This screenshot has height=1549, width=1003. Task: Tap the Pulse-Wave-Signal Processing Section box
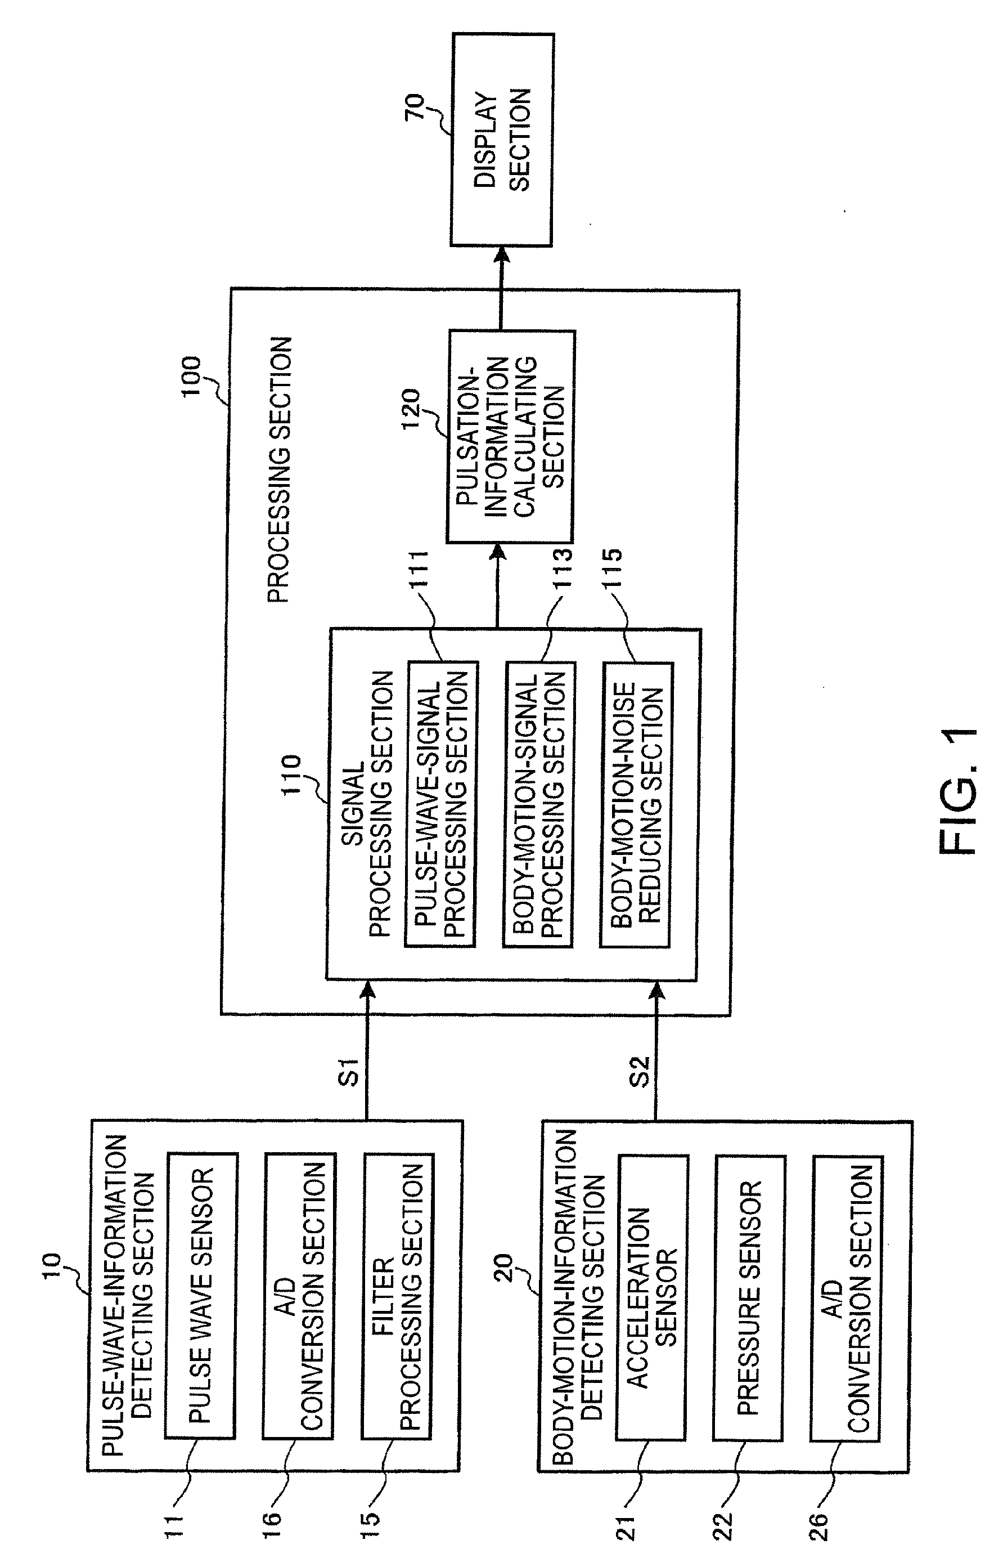tap(442, 804)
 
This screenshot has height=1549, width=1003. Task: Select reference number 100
tap(192, 377)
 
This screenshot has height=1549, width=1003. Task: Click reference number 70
tap(415, 107)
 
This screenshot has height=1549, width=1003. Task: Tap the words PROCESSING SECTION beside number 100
tap(280, 470)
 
